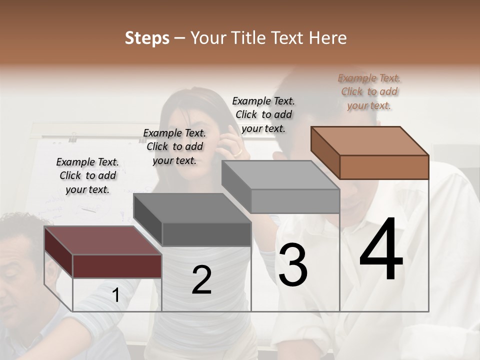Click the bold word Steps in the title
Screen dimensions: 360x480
147,38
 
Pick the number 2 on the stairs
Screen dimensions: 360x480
201,280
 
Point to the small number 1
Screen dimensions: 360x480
116,295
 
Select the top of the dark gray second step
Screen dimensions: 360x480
192,208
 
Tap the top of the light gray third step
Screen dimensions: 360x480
280,175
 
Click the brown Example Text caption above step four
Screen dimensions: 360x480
369,91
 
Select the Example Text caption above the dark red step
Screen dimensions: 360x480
87,175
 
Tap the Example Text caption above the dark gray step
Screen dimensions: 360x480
174,146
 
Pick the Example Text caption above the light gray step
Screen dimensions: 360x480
263,114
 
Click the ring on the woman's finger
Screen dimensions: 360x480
238,151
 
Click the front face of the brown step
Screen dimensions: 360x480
384,167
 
